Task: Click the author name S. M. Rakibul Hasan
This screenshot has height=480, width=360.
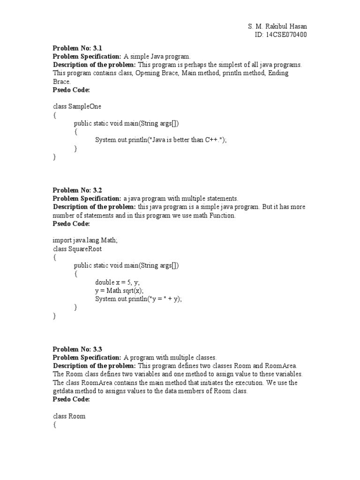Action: (277, 26)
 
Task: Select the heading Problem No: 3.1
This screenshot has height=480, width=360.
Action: (77, 48)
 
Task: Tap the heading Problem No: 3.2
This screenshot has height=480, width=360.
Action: (77, 190)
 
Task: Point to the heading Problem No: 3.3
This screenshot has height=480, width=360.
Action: (77, 349)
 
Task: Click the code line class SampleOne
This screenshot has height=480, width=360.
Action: (77, 106)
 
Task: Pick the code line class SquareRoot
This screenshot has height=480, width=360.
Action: (77, 248)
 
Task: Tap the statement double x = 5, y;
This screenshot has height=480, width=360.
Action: (118, 282)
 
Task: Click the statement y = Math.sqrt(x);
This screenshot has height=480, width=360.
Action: (120, 291)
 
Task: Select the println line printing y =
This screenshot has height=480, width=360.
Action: (138, 299)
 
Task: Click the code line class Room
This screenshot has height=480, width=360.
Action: (69, 416)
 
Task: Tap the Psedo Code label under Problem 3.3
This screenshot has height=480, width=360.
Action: (71, 399)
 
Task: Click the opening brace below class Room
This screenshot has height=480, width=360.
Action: (54, 425)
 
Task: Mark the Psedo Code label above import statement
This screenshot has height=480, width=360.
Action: (71, 224)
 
